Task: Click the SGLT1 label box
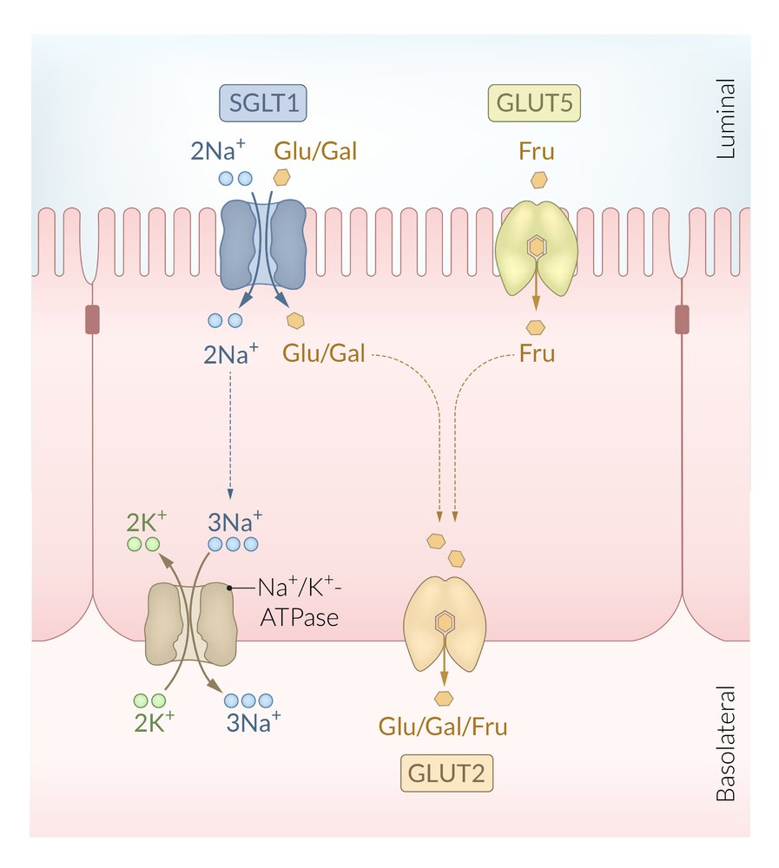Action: pos(263,106)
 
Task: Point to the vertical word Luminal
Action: pos(726,119)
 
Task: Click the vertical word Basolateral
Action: pos(726,744)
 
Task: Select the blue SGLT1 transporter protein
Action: pos(263,244)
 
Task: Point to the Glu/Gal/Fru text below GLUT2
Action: pos(443,726)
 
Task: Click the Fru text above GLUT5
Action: pos(538,151)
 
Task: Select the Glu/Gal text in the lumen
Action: pos(315,151)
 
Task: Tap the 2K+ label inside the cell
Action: pos(147,523)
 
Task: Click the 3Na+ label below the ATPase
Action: pos(252,721)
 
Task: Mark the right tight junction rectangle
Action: pos(683,319)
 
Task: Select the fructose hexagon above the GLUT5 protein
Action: pos(539,181)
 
